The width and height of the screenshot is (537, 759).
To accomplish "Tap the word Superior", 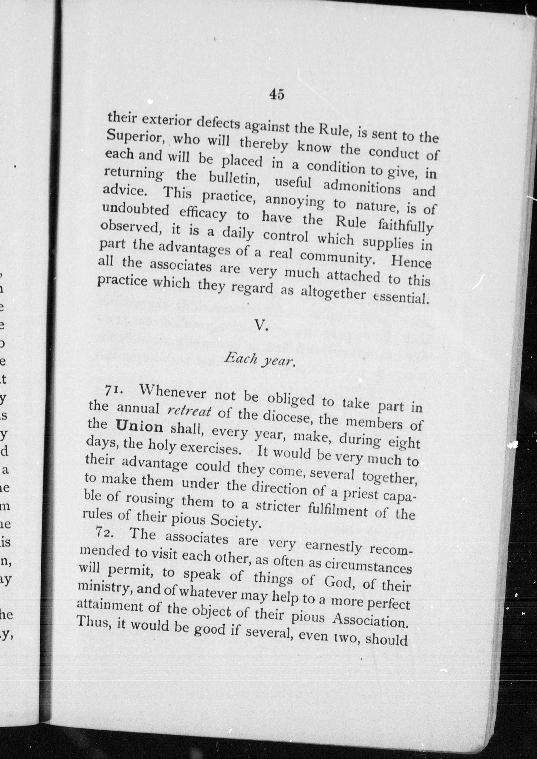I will [x=136, y=136].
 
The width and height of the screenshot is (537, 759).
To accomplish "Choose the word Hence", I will [x=411, y=263].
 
